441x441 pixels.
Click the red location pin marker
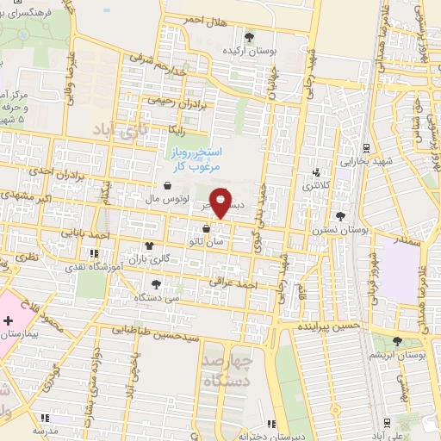[x=221, y=202]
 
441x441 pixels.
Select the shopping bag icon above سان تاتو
[x=205, y=229]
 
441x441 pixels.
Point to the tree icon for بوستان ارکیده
[x=250, y=37]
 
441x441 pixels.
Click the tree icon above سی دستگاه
[x=155, y=284]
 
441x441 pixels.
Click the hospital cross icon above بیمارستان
[x=9, y=320]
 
